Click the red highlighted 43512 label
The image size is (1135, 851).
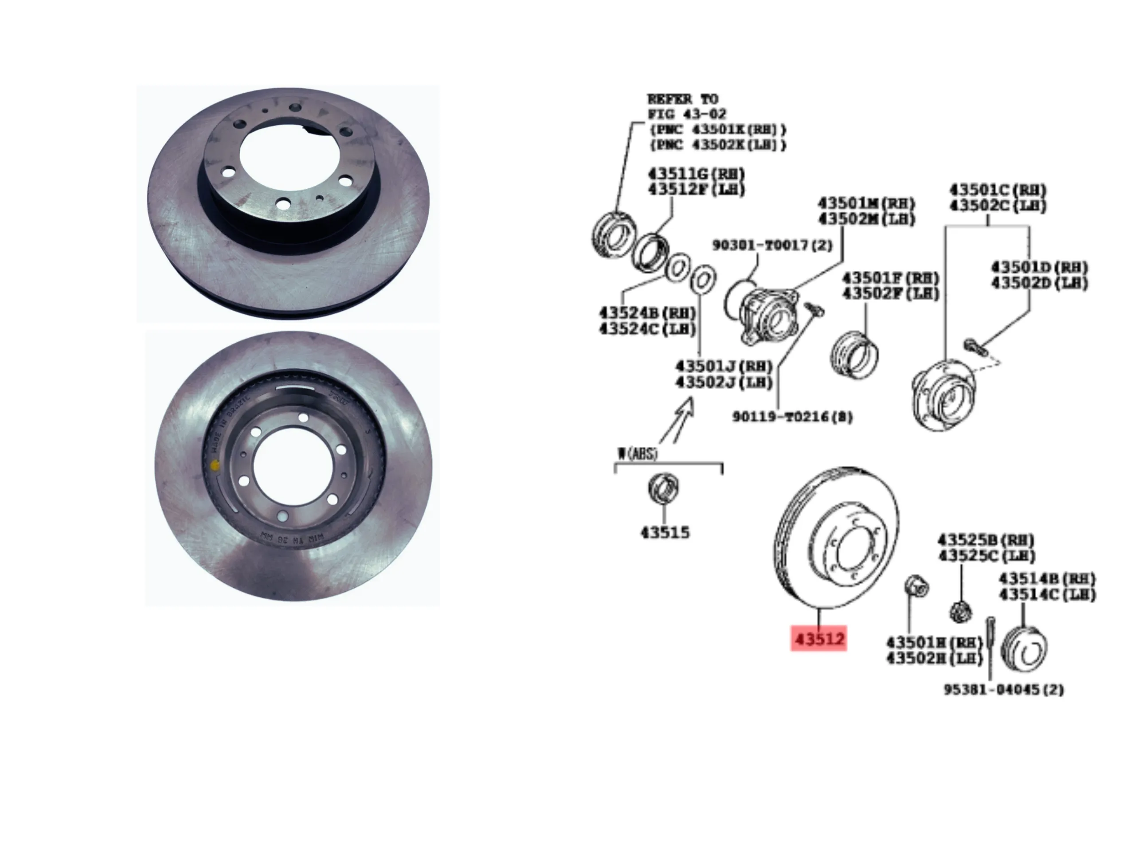point(818,639)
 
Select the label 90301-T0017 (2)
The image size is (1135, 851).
point(772,245)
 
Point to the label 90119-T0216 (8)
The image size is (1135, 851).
point(792,417)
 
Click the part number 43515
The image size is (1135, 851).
point(665,532)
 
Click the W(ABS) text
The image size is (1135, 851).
point(637,454)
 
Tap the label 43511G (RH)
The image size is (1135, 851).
point(696,174)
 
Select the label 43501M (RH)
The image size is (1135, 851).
point(866,203)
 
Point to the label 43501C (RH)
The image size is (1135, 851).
point(998,190)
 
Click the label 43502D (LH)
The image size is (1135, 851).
point(1039,283)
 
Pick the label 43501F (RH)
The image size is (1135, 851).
point(890,278)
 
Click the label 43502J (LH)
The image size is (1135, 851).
point(724,382)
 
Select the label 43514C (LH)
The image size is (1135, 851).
point(1047,594)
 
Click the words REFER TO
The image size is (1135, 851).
point(682,99)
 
